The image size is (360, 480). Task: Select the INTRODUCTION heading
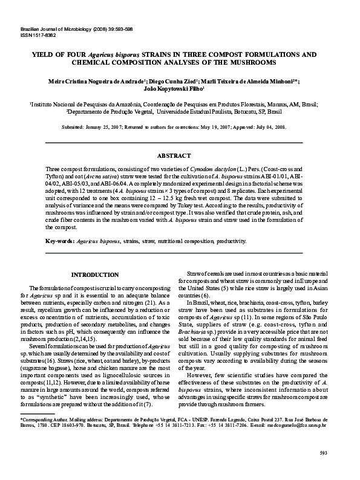[95, 274]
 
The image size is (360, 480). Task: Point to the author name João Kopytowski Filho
[179, 87]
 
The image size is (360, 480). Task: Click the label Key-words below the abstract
[59, 241]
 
